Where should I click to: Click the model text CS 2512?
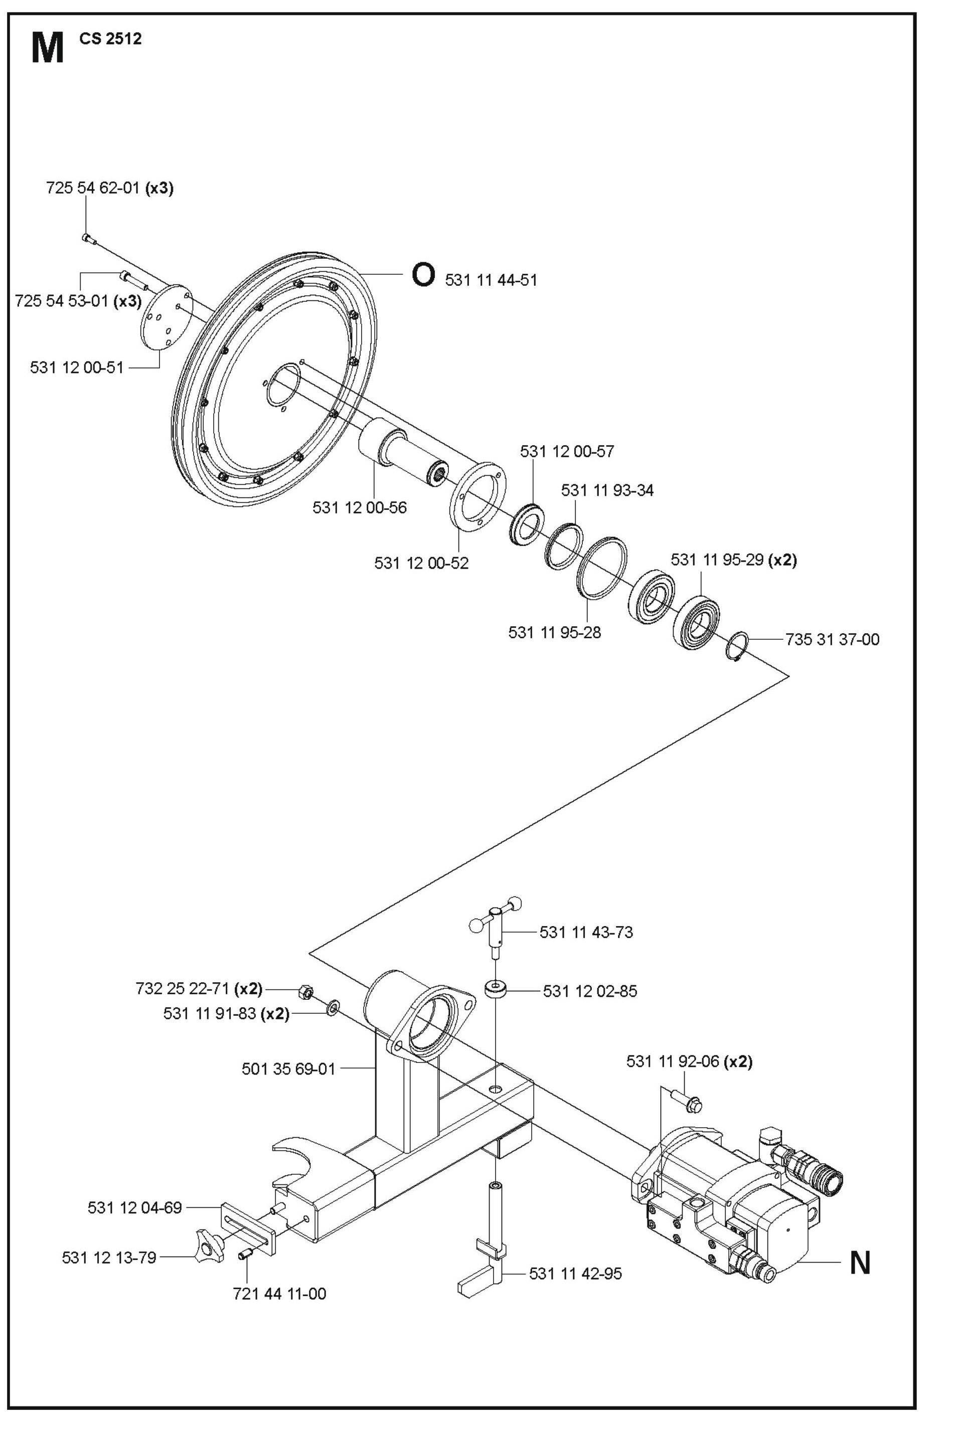click(110, 39)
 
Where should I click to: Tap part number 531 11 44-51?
click(491, 280)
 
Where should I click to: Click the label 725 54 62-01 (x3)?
click(109, 189)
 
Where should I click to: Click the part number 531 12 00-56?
click(359, 507)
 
